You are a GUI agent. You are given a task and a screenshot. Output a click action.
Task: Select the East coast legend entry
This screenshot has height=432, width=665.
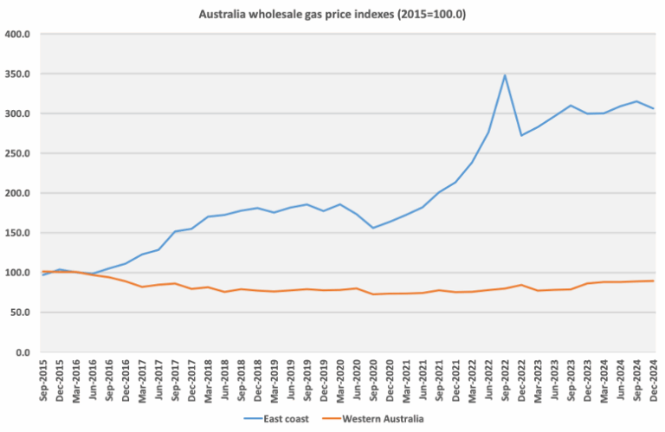[291, 419]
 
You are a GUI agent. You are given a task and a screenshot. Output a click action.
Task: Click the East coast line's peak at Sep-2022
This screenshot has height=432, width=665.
[505, 75]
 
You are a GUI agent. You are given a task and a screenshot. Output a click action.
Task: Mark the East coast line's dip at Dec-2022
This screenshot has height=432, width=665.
[521, 135]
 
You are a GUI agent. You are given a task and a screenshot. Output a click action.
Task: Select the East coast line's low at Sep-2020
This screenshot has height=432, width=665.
[373, 228]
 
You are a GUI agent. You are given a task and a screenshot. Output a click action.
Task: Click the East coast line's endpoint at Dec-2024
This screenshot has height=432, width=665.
[653, 108]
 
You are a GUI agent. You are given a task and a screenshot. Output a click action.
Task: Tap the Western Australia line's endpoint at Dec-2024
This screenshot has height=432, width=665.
[653, 280]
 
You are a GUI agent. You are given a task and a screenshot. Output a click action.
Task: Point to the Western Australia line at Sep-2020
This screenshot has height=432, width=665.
[373, 294]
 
